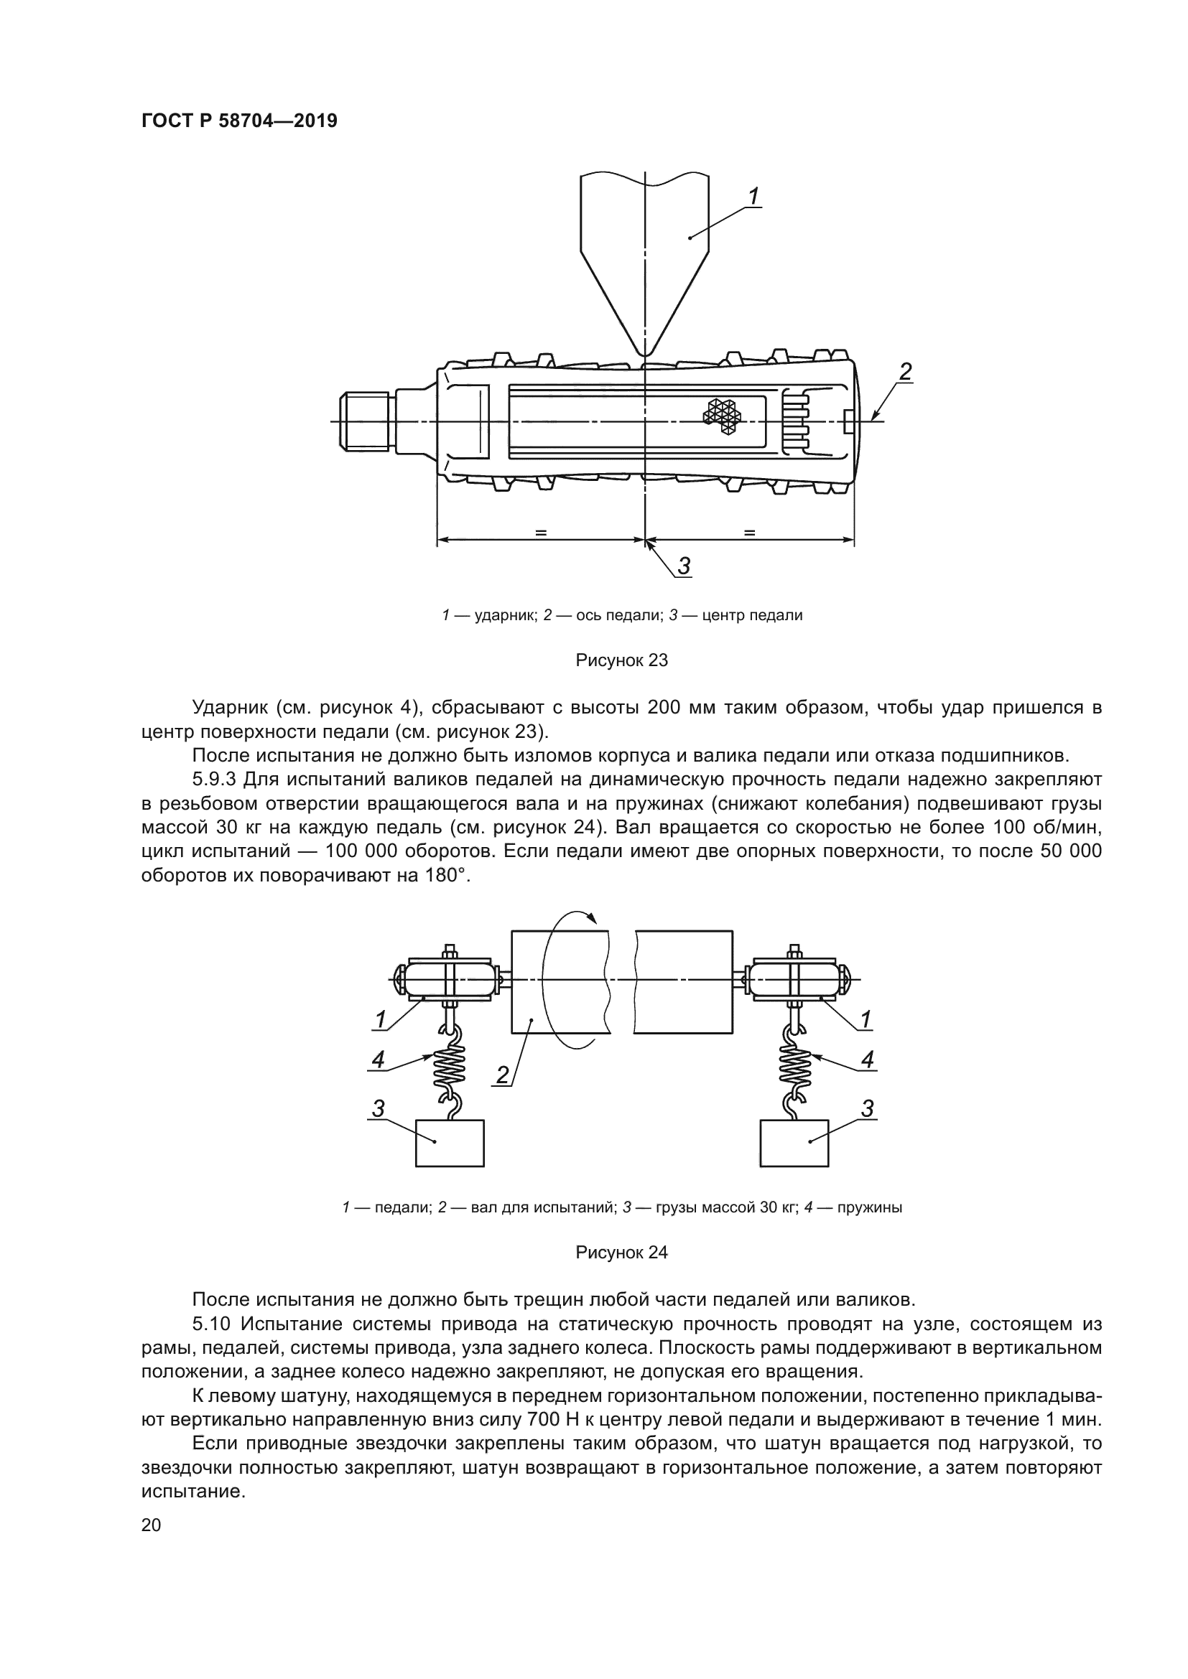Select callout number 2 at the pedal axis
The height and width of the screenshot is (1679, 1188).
[x=905, y=373]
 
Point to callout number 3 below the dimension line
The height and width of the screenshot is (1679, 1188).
[x=684, y=565]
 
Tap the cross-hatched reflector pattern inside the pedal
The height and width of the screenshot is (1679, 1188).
[x=722, y=417]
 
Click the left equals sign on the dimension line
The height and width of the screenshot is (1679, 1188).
[x=541, y=533]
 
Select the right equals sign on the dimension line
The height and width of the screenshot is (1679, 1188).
[x=749, y=533]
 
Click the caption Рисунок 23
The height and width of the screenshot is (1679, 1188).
[x=622, y=660]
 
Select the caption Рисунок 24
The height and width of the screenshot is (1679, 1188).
[x=622, y=1253]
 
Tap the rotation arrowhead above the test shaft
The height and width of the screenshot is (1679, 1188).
[x=593, y=920]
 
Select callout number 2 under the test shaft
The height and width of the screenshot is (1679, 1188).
[x=503, y=1075]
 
